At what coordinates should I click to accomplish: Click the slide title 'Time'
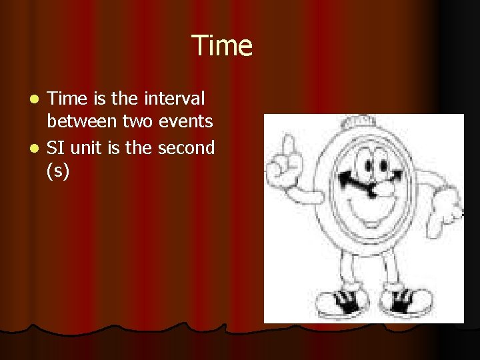tap(222, 46)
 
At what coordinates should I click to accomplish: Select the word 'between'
tap(80, 121)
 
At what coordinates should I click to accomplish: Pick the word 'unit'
tap(87, 147)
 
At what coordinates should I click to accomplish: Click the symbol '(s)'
tap(58, 171)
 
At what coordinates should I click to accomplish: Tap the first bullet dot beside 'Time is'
tap(38, 99)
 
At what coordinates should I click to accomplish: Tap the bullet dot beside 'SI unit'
tap(38, 148)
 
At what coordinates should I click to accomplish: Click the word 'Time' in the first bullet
tap(68, 99)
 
